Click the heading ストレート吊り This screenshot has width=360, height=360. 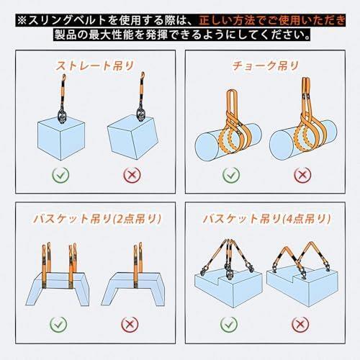(x=95, y=66)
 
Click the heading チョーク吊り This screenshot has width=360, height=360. (x=266, y=66)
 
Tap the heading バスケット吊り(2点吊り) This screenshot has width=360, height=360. (x=97, y=219)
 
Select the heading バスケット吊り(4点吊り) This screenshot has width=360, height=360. (x=267, y=219)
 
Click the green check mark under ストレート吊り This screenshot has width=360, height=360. (x=60, y=175)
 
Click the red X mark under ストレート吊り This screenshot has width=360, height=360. (x=132, y=175)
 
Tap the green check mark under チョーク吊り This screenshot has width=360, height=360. (x=231, y=175)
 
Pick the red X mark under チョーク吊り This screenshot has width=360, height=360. (x=302, y=175)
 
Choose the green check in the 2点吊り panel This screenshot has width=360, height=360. (x=58, y=325)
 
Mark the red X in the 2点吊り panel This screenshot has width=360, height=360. (x=130, y=325)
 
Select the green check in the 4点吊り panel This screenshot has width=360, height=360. (x=229, y=325)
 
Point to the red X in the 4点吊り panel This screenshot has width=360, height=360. (x=300, y=325)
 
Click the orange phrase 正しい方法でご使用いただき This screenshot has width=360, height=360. (x=272, y=20)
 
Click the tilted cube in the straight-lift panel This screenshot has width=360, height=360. (x=132, y=138)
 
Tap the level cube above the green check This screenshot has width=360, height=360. (x=61, y=139)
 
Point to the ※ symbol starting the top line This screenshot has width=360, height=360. (x=22, y=20)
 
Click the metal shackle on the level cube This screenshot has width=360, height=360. (x=62, y=116)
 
